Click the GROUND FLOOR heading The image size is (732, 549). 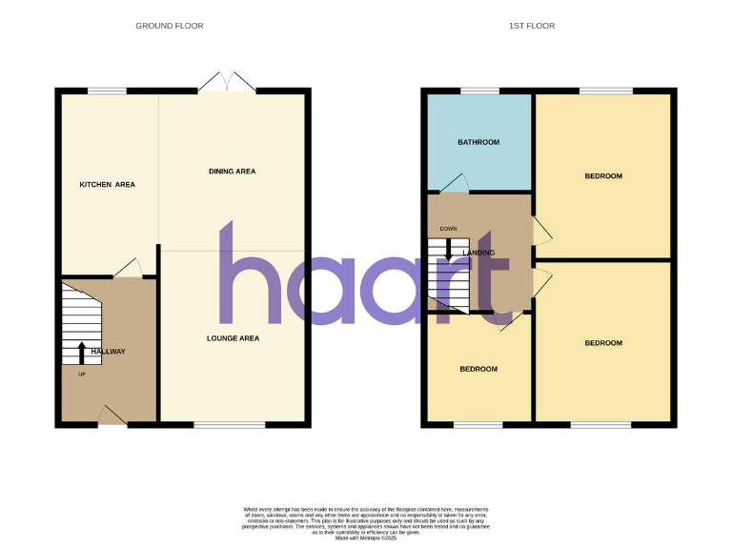click(x=169, y=26)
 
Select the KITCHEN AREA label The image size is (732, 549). click(x=107, y=184)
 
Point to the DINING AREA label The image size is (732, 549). click(x=232, y=172)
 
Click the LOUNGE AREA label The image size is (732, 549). click(x=233, y=338)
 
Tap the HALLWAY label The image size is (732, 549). click(x=108, y=352)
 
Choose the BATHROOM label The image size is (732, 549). click(x=478, y=143)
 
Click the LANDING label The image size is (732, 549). click(x=478, y=253)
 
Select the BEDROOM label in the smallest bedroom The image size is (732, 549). click(x=478, y=369)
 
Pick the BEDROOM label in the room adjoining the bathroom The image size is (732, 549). click(x=603, y=176)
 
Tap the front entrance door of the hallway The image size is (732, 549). click(x=112, y=416)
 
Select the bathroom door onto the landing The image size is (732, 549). click(x=455, y=184)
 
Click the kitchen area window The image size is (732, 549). click(x=107, y=91)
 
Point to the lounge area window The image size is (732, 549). click(x=230, y=424)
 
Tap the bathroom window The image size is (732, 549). click(x=479, y=91)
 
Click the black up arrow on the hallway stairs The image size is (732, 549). click(x=81, y=351)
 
